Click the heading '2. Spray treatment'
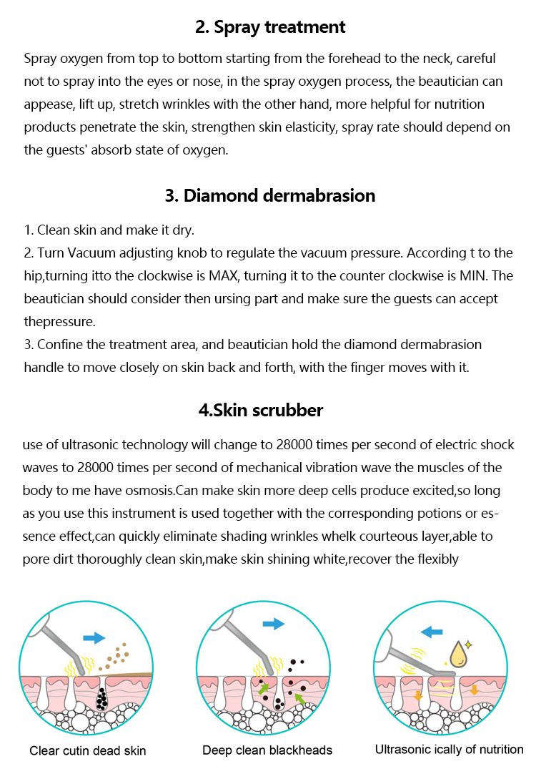click(270, 27)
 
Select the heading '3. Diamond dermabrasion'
click(270, 195)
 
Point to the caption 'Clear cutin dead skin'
click(88, 750)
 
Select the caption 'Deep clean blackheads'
click(267, 750)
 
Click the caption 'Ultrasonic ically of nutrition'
click(449, 750)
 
